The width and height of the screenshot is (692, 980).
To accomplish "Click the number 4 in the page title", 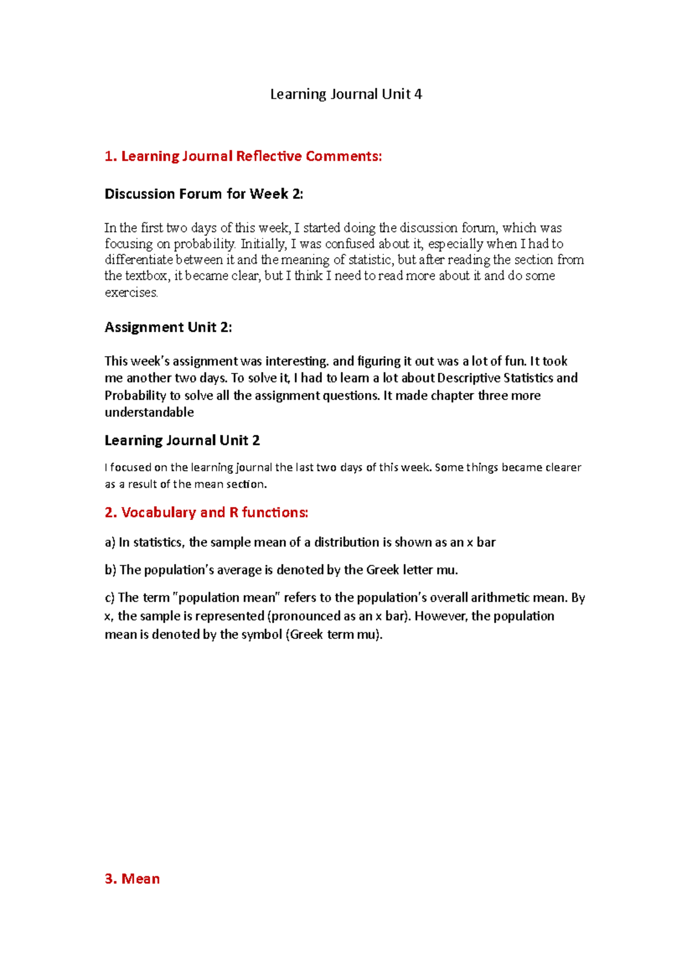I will pyautogui.click(x=418, y=94).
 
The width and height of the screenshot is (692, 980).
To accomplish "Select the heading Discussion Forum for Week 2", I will pyautogui.click(x=204, y=194).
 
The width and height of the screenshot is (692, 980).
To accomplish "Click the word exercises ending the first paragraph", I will pyautogui.click(x=131, y=293).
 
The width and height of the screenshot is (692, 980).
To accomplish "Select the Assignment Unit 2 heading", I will pyautogui.click(x=168, y=327).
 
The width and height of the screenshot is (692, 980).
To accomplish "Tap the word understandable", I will pyautogui.click(x=149, y=412).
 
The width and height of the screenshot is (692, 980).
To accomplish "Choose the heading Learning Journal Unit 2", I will pyautogui.click(x=182, y=440).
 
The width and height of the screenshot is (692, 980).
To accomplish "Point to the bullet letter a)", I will pyautogui.click(x=110, y=543).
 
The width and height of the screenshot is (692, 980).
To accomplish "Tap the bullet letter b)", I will pyautogui.click(x=110, y=570).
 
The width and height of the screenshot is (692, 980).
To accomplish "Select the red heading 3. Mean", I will pyautogui.click(x=132, y=878).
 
